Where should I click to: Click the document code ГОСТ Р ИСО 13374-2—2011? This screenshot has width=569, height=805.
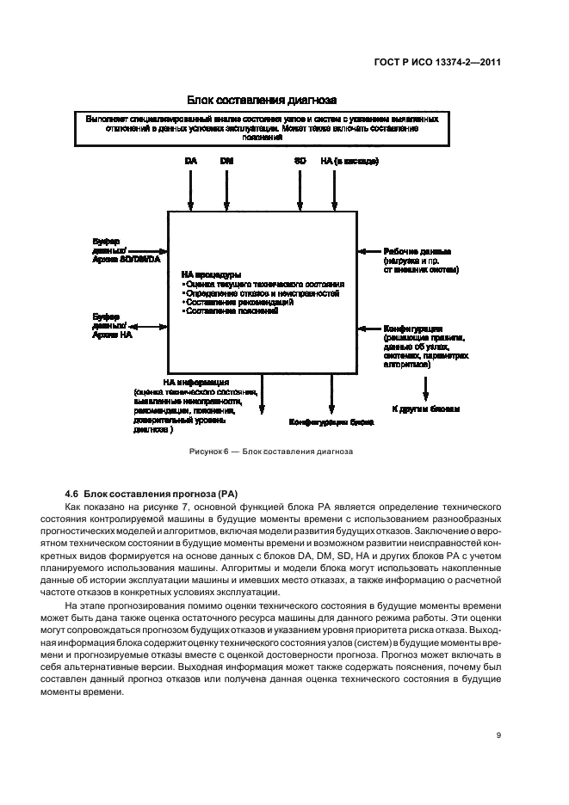(450, 62)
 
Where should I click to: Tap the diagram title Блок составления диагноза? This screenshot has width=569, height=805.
(260, 101)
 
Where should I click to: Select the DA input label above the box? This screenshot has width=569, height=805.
(191, 161)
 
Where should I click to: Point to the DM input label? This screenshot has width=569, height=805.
(226, 161)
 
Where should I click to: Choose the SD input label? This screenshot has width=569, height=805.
(300, 161)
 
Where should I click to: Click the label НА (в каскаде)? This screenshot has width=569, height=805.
(349, 161)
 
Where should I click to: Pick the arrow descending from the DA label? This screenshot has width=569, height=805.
(191, 189)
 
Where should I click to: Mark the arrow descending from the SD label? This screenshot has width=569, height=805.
(300, 189)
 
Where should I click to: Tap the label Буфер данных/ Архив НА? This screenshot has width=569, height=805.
(112, 325)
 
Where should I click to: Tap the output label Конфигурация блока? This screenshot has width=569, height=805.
(331, 422)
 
